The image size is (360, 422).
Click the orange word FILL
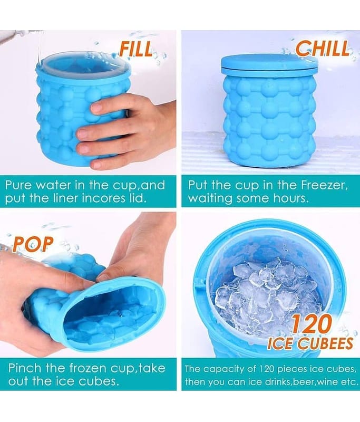tap(136, 49)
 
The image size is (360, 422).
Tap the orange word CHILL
tap(323, 48)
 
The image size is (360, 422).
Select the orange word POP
tap(33, 244)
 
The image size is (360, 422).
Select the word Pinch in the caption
tap(24, 368)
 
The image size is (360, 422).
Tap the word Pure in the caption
tap(18, 185)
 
